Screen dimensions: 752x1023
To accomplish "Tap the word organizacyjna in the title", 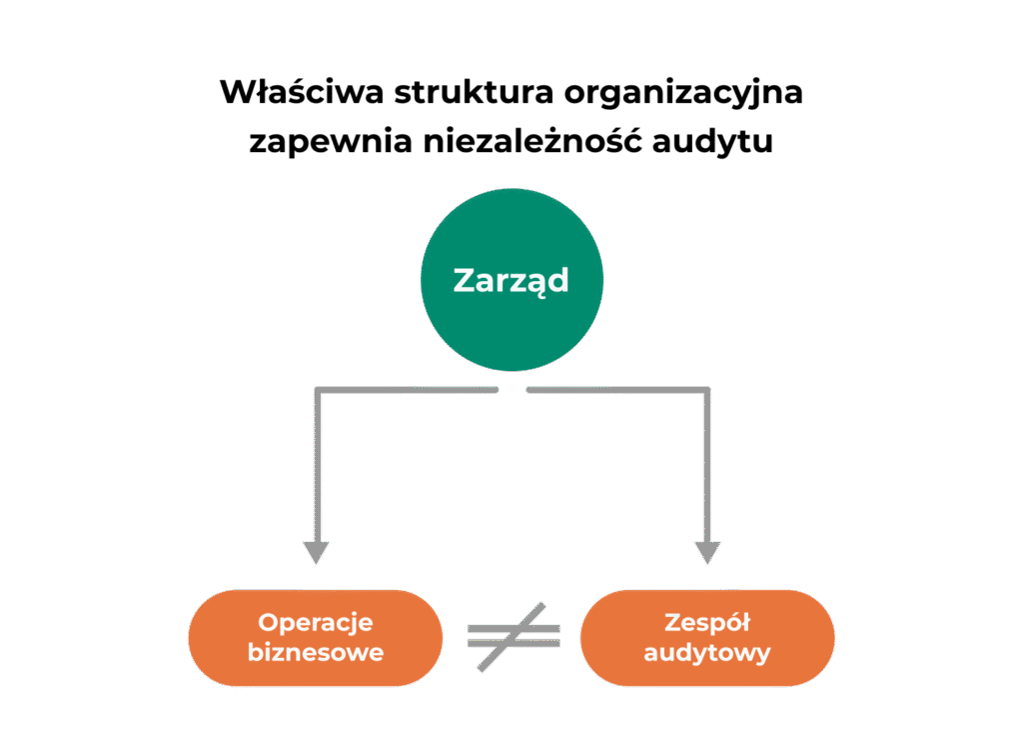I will pyautogui.click(x=684, y=93).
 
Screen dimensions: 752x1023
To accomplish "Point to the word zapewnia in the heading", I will pyautogui.click(x=320, y=141).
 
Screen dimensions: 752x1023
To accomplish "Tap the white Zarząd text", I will pyautogui.click(x=511, y=280).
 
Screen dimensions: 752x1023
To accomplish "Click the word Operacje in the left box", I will pyautogui.click(x=316, y=622).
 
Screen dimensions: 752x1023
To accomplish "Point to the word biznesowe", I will pyautogui.click(x=316, y=654).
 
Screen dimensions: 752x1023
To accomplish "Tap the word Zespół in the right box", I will pyautogui.click(x=707, y=622).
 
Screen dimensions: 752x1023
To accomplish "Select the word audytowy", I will pyautogui.click(x=707, y=654).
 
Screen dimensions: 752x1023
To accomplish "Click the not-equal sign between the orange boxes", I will pyautogui.click(x=513, y=637).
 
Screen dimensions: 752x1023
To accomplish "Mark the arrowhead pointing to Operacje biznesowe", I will pyautogui.click(x=317, y=551).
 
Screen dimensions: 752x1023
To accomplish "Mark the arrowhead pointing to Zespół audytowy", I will pyautogui.click(x=707, y=551).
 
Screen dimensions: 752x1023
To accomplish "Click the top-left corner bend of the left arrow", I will pyautogui.click(x=318, y=388).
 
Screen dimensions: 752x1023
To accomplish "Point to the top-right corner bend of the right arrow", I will pyautogui.click(x=707, y=388).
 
